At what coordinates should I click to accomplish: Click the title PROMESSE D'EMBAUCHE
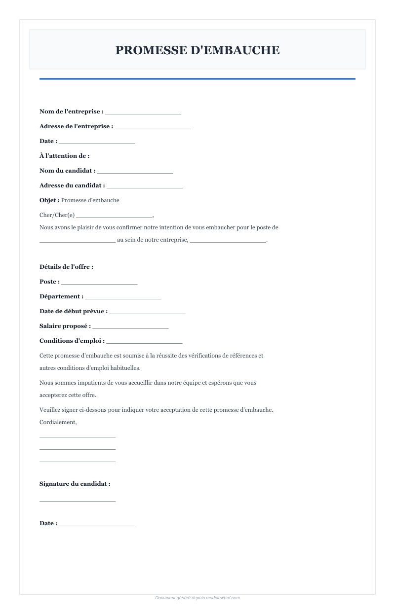click(197, 50)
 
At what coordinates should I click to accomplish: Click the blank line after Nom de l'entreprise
click(143, 113)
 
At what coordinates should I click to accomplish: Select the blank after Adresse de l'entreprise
click(153, 128)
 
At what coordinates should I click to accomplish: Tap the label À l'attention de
click(64, 156)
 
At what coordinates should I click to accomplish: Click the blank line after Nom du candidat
click(135, 172)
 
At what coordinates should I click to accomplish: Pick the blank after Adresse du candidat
click(145, 187)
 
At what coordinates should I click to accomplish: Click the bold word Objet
click(49, 200)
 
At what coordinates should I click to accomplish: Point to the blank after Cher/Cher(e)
click(115, 216)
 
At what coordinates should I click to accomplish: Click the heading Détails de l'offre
click(66, 267)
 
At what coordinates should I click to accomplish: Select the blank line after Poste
click(99, 283)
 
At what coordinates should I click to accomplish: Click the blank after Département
click(123, 298)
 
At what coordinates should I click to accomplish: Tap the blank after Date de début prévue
click(147, 313)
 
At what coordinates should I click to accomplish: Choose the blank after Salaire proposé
click(130, 327)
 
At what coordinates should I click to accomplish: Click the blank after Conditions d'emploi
click(144, 342)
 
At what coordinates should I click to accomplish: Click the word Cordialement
click(58, 422)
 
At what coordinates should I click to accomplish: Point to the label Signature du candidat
click(75, 484)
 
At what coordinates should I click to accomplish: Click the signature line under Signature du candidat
click(78, 501)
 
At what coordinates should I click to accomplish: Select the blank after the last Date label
click(97, 525)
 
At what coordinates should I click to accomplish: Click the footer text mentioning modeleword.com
click(197, 598)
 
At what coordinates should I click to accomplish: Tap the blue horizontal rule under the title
click(197, 78)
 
